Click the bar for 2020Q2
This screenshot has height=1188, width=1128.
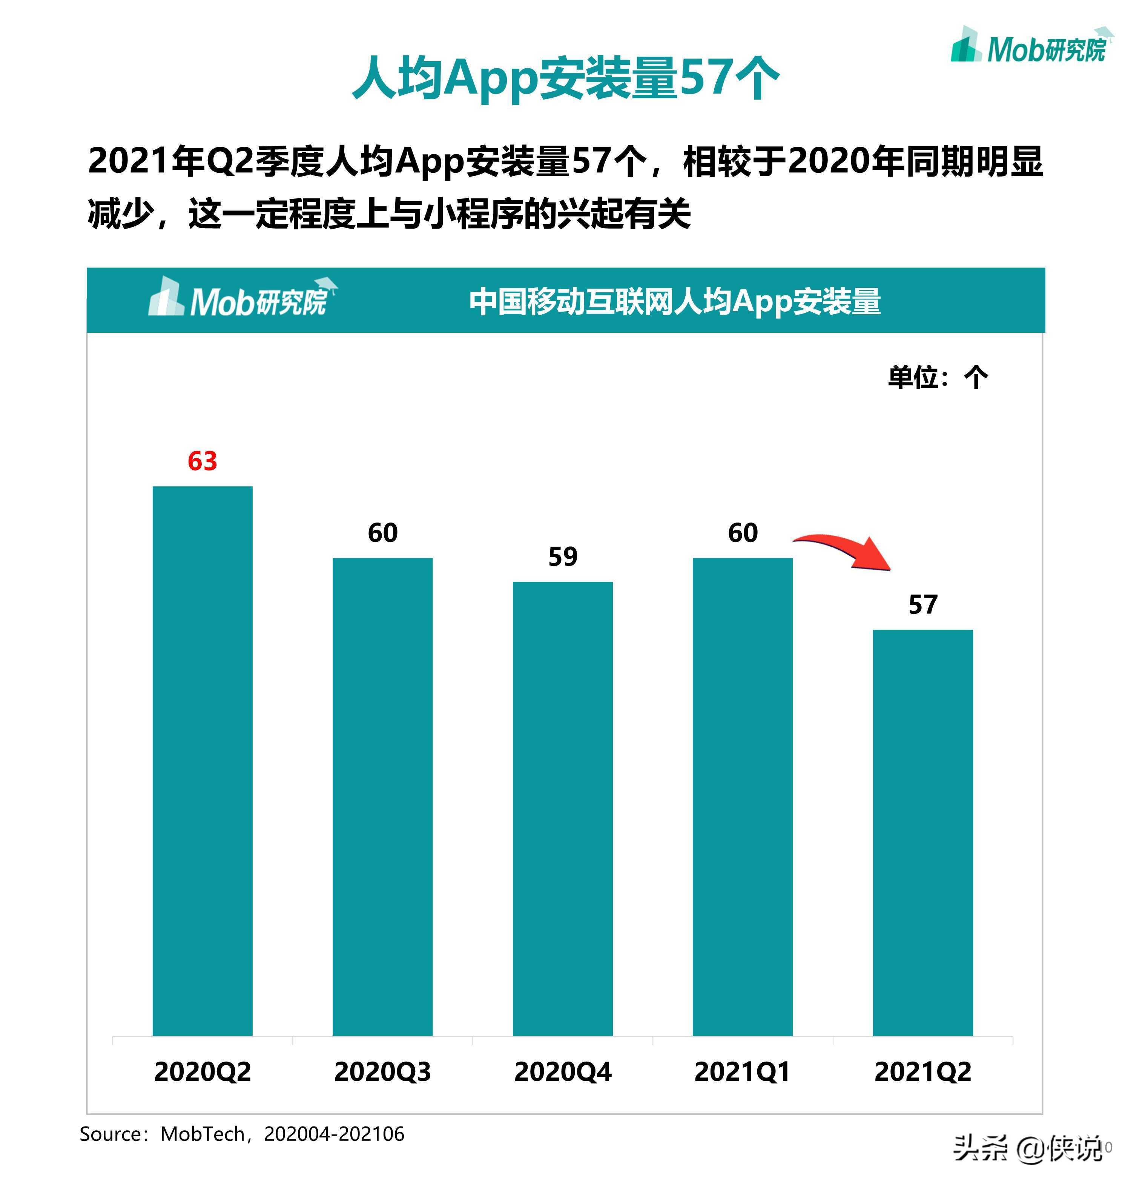[202, 761]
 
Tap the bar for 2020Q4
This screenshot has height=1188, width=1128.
[562, 809]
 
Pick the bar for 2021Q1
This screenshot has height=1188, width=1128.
[743, 797]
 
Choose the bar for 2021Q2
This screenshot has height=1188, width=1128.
[922, 833]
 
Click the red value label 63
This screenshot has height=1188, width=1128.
[202, 461]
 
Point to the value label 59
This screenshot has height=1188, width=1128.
[562, 557]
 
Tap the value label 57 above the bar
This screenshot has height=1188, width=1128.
[922, 604]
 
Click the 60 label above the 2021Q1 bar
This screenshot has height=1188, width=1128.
[743, 533]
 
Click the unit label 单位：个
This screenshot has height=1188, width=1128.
[938, 378]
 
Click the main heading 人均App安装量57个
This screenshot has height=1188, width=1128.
[565, 78]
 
